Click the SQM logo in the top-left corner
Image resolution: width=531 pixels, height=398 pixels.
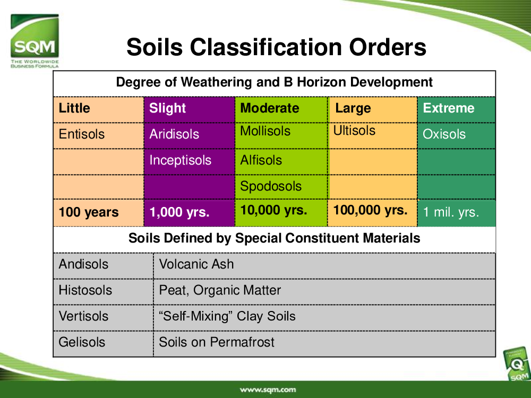point(35,41)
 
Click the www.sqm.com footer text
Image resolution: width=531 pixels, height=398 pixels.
point(268,390)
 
